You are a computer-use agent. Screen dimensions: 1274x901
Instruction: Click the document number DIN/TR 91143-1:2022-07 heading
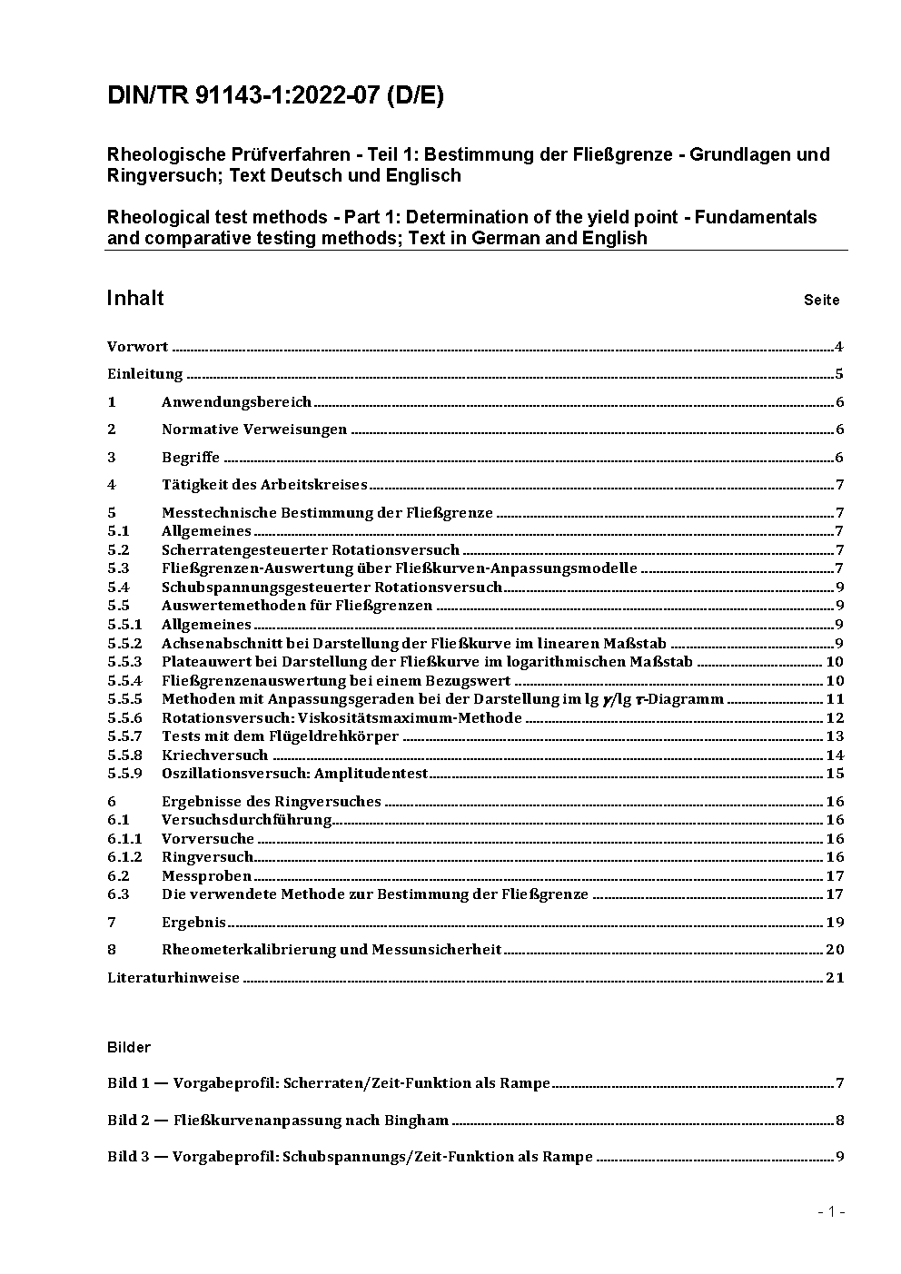(275, 96)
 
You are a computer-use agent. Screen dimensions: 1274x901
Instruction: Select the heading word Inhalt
(135, 299)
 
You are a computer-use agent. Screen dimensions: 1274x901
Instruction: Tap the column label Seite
(821, 301)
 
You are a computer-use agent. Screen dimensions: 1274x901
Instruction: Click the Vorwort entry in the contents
(137, 347)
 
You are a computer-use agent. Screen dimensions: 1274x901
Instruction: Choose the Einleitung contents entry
(145, 374)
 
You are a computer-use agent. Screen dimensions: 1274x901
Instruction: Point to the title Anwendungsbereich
(236, 402)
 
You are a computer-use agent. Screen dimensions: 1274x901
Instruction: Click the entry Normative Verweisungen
(254, 430)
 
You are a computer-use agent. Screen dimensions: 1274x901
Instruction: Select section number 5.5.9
(125, 774)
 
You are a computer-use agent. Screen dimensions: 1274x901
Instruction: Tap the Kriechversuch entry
(214, 756)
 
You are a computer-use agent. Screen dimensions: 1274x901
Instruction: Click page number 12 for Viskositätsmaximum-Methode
(835, 718)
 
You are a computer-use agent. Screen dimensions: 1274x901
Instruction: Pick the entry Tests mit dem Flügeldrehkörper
(280, 736)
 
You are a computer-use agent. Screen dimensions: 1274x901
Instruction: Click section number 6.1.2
(125, 857)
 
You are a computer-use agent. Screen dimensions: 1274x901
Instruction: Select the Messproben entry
(206, 876)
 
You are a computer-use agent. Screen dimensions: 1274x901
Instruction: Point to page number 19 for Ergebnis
(835, 923)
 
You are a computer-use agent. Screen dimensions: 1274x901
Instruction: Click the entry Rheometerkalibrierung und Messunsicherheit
(332, 950)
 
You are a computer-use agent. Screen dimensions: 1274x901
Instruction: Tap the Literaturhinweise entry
(173, 978)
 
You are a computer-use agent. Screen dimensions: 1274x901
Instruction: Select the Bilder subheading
(129, 1048)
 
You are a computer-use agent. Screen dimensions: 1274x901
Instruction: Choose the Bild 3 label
(126, 1157)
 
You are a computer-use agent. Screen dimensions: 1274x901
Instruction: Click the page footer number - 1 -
(831, 1211)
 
